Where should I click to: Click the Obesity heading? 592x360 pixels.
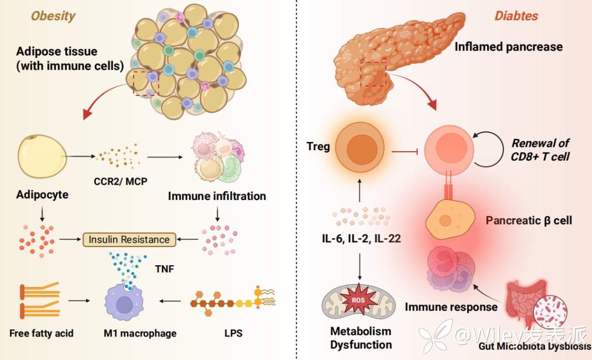pyautogui.click(x=53, y=15)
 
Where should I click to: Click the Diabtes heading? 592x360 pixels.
pyautogui.click(x=516, y=15)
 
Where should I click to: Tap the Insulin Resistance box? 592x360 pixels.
pyautogui.click(x=129, y=239)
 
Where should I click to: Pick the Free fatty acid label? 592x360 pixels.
pyautogui.click(x=41, y=333)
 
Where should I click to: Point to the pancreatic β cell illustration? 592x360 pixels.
pyautogui.click(x=449, y=219)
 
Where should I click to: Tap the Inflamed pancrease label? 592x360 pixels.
pyautogui.click(x=508, y=47)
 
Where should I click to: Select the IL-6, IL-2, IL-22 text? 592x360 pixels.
pyautogui.click(x=361, y=238)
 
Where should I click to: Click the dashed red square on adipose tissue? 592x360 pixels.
pyautogui.click(x=146, y=83)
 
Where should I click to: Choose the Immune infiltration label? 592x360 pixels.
pyautogui.click(x=217, y=196)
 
